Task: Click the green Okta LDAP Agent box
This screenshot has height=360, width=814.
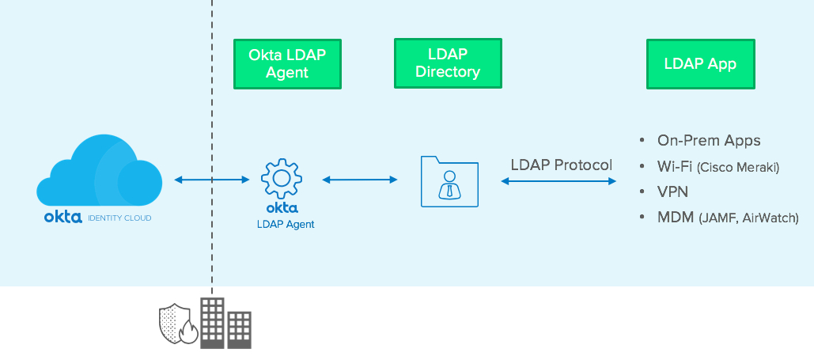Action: pyautogui.click(x=287, y=64)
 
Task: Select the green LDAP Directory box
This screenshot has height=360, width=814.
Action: pyautogui.click(x=448, y=64)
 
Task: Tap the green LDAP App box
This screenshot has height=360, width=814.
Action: pyautogui.click(x=700, y=64)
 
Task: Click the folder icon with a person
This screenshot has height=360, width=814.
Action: pyautogui.click(x=449, y=181)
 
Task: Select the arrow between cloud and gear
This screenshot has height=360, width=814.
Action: pyautogui.click(x=211, y=180)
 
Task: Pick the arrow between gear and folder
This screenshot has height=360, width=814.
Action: pyautogui.click(x=360, y=180)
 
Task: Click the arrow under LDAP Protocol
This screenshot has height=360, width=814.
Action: pyautogui.click(x=558, y=181)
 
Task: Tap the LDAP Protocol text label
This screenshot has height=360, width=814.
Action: pyautogui.click(x=561, y=165)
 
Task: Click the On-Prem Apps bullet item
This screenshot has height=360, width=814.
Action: pyautogui.click(x=708, y=141)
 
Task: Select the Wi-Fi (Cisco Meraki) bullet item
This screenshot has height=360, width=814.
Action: pyautogui.click(x=717, y=166)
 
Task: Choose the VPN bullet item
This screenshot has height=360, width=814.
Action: pyautogui.click(x=673, y=191)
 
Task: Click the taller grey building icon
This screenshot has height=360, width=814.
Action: pyautogui.click(x=212, y=322)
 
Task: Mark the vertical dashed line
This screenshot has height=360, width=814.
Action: pyautogui.click(x=212, y=119)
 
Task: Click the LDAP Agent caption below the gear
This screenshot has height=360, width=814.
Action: pyautogui.click(x=286, y=224)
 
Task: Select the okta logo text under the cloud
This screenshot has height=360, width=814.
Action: pyautogui.click(x=62, y=216)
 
